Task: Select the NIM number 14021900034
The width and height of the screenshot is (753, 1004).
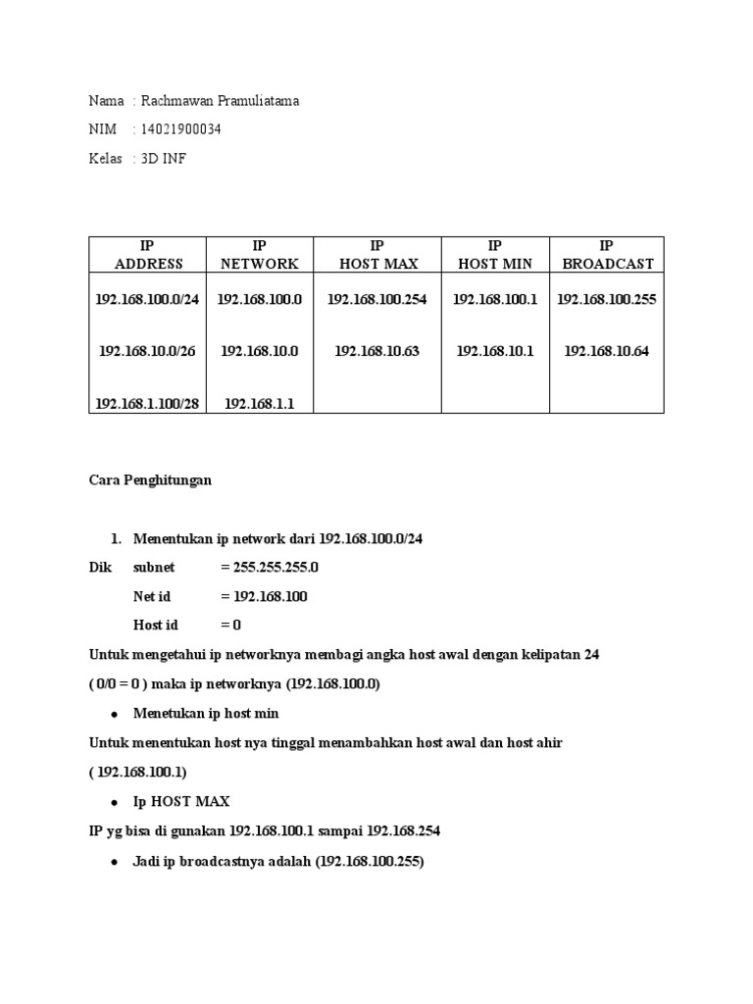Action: (x=181, y=129)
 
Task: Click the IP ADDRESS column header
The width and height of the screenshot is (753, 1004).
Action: (x=148, y=254)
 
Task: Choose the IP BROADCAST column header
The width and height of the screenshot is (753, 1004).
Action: (x=607, y=254)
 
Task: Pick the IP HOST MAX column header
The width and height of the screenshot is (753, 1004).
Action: (x=377, y=254)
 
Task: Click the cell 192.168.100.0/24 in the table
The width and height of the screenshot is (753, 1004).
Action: (x=147, y=299)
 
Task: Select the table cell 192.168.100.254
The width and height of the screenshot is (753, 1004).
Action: (x=377, y=299)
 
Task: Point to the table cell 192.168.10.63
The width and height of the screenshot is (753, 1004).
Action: (x=377, y=351)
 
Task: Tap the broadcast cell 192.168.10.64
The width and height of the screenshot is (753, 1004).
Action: (x=607, y=351)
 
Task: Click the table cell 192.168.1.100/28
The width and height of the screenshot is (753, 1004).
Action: (x=147, y=402)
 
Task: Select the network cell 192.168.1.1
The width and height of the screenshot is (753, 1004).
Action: (x=260, y=402)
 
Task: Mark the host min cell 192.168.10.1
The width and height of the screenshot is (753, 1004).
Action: (x=495, y=351)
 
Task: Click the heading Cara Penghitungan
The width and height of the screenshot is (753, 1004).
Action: (x=150, y=481)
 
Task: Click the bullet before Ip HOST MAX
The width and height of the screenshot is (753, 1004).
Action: (x=116, y=802)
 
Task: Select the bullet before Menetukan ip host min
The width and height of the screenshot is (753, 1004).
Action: (x=116, y=714)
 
